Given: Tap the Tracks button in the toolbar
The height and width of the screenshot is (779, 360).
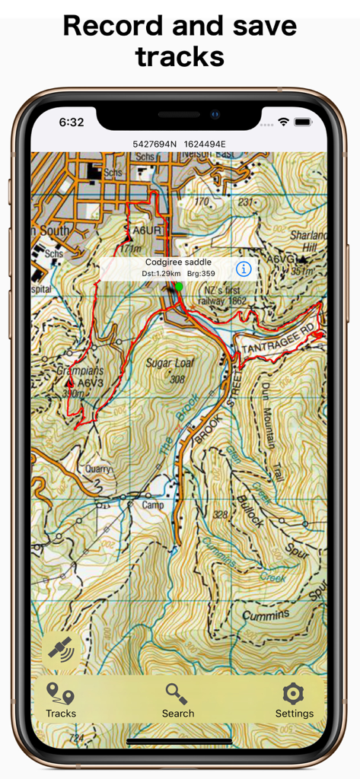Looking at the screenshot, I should (x=60, y=701).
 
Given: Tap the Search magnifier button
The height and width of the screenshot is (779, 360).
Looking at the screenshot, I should (x=177, y=701).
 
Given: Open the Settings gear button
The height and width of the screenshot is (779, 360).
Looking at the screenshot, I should (x=294, y=701).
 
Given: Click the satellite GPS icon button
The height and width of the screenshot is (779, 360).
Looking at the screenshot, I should (x=60, y=648).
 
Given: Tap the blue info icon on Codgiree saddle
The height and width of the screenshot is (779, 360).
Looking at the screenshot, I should (x=243, y=269).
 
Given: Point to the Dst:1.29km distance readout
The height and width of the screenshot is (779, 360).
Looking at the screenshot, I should (x=161, y=274).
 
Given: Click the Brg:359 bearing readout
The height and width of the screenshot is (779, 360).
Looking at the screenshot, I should (x=200, y=274).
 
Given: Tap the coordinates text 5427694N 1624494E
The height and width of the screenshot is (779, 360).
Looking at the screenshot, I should (x=179, y=144).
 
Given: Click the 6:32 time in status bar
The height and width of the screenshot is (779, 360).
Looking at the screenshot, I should (x=72, y=122).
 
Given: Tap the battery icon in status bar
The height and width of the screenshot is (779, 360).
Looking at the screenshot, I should (x=303, y=122).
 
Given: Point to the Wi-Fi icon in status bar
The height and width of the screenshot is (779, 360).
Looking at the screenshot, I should (x=284, y=122).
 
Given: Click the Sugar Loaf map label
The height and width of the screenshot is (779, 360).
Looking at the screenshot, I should (x=166, y=364).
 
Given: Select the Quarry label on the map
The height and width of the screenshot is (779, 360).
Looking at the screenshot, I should (x=98, y=469).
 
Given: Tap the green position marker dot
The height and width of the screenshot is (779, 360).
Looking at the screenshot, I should (x=178, y=287).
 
